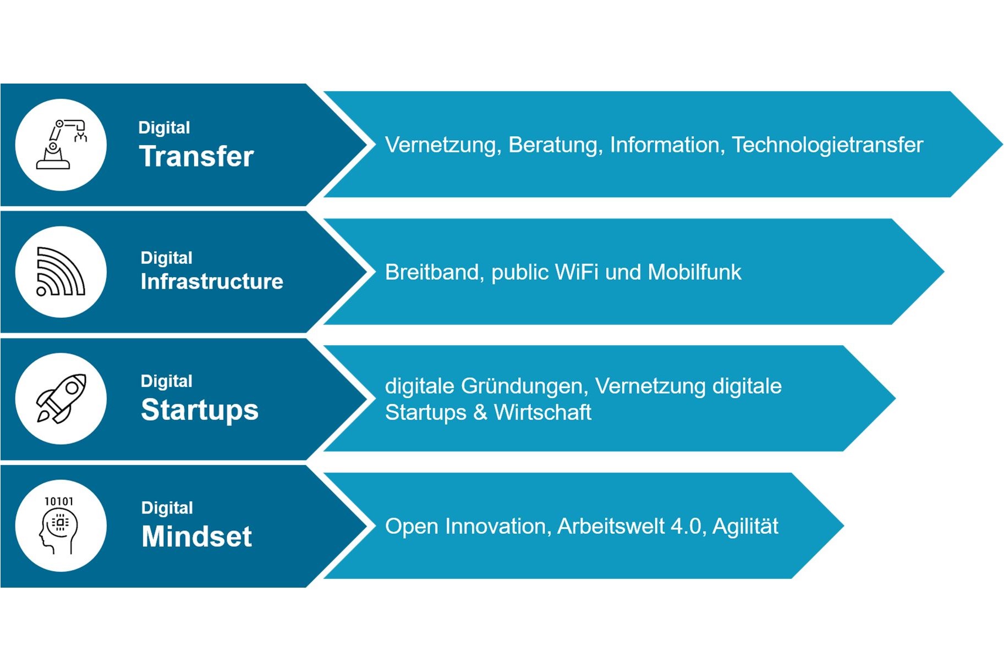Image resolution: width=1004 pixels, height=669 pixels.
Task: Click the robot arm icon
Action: [61, 145]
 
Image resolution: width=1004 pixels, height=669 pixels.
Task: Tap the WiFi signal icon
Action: [61, 272]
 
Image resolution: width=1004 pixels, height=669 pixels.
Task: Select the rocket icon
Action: [61, 399]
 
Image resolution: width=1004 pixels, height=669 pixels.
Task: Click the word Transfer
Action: [196, 156]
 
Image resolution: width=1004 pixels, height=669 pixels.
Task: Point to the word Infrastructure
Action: [212, 281]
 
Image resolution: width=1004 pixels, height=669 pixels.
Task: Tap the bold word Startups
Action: [199, 410]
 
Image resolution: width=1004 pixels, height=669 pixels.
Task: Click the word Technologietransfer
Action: [827, 145]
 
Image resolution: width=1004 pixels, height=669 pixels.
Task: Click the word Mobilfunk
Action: [694, 272]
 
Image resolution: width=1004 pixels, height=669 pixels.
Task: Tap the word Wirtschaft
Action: [542, 412]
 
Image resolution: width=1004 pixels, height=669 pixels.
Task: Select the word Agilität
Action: [745, 527]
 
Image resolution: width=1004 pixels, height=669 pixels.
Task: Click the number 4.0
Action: [686, 527]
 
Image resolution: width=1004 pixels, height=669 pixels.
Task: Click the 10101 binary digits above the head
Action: [59, 501]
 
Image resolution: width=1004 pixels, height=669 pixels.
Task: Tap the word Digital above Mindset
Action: [167, 507]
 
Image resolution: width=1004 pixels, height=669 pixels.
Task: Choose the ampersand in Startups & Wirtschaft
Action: [480, 412]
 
